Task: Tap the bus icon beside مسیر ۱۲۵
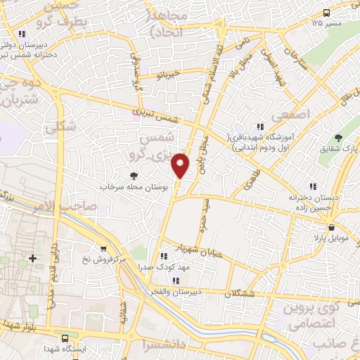(x=326, y=13)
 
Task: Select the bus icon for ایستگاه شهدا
(x=65, y=338)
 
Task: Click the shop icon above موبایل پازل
(x=332, y=226)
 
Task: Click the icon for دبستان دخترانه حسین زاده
(x=313, y=186)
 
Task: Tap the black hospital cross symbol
(x=32, y=259)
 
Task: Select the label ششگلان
(x=239, y=295)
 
